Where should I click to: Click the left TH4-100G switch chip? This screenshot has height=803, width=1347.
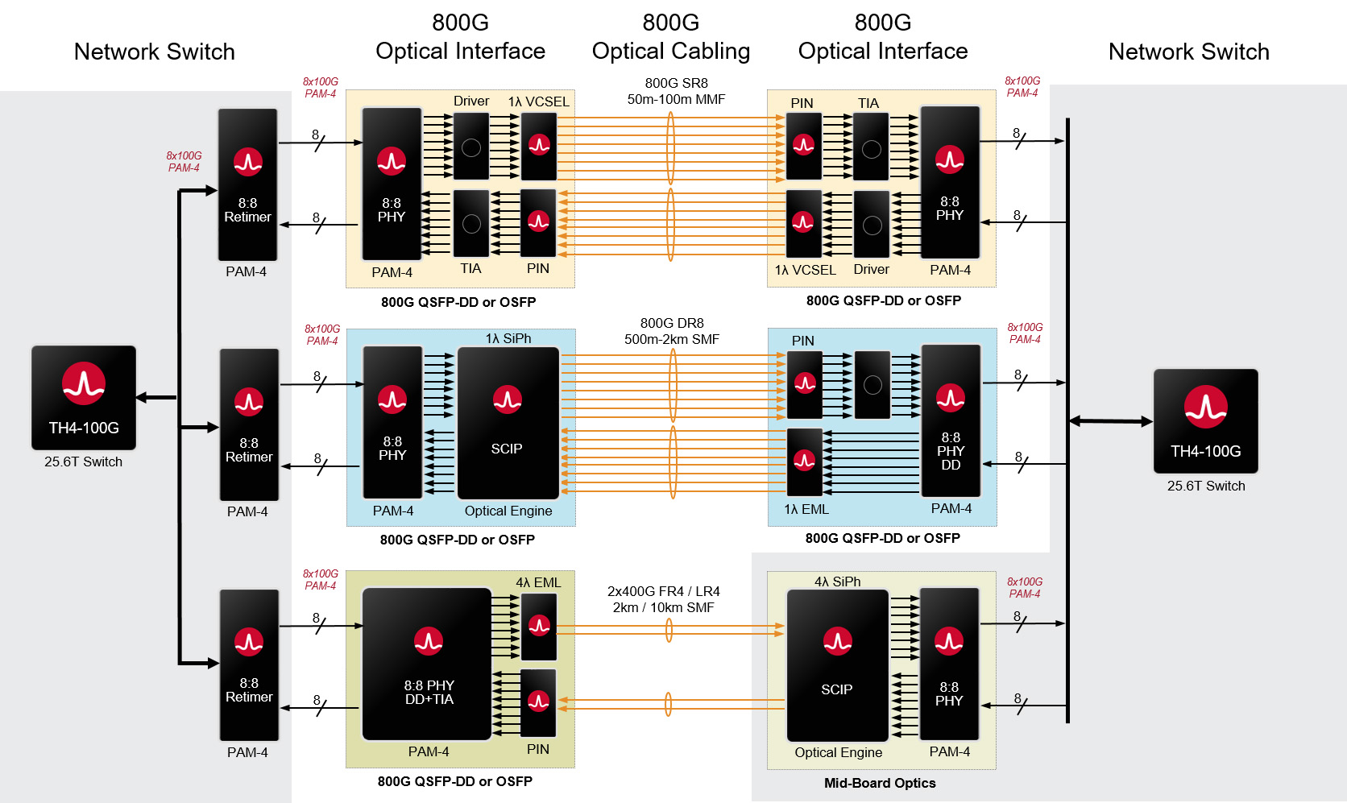pyautogui.click(x=84, y=398)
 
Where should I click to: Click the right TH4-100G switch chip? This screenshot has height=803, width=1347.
pyautogui.click(x=1205, y=421)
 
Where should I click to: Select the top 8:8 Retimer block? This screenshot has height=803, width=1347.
pyautogui.click(x=247, y=184)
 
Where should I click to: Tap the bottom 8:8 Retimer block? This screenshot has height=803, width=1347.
pyautogui.click(x=249, y=665)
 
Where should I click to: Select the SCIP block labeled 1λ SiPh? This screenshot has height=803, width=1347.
pyautogui.click(x=508, y=423)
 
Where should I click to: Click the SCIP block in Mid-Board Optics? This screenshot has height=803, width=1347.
pyautogui.click(x=837, y=665)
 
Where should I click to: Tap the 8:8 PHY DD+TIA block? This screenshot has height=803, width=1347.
pyautogui.click(x=427, y=664)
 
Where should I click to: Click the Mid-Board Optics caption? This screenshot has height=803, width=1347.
pyautogui.click(x=880, y=783)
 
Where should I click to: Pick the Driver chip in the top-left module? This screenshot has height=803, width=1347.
pyautogui.click(x=471, y=146)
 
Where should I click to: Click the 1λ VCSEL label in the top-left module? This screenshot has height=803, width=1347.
pyautogui.click(x=538, y=101)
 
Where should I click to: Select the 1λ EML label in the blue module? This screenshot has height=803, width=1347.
pyautogui.click(x=806, y=509)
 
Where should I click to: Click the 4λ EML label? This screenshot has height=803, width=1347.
pyautogui.click(x=538, y=582)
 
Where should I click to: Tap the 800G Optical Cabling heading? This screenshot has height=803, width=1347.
pyautogui.click(x=670, y=37)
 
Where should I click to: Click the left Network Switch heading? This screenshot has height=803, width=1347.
pyautogui.click(x=154, y=52)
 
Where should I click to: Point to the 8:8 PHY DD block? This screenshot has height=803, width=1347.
pyautogui.click(x=951, y=420)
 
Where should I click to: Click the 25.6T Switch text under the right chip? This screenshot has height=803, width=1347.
pyautogui.click(x=1205, y=486)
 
